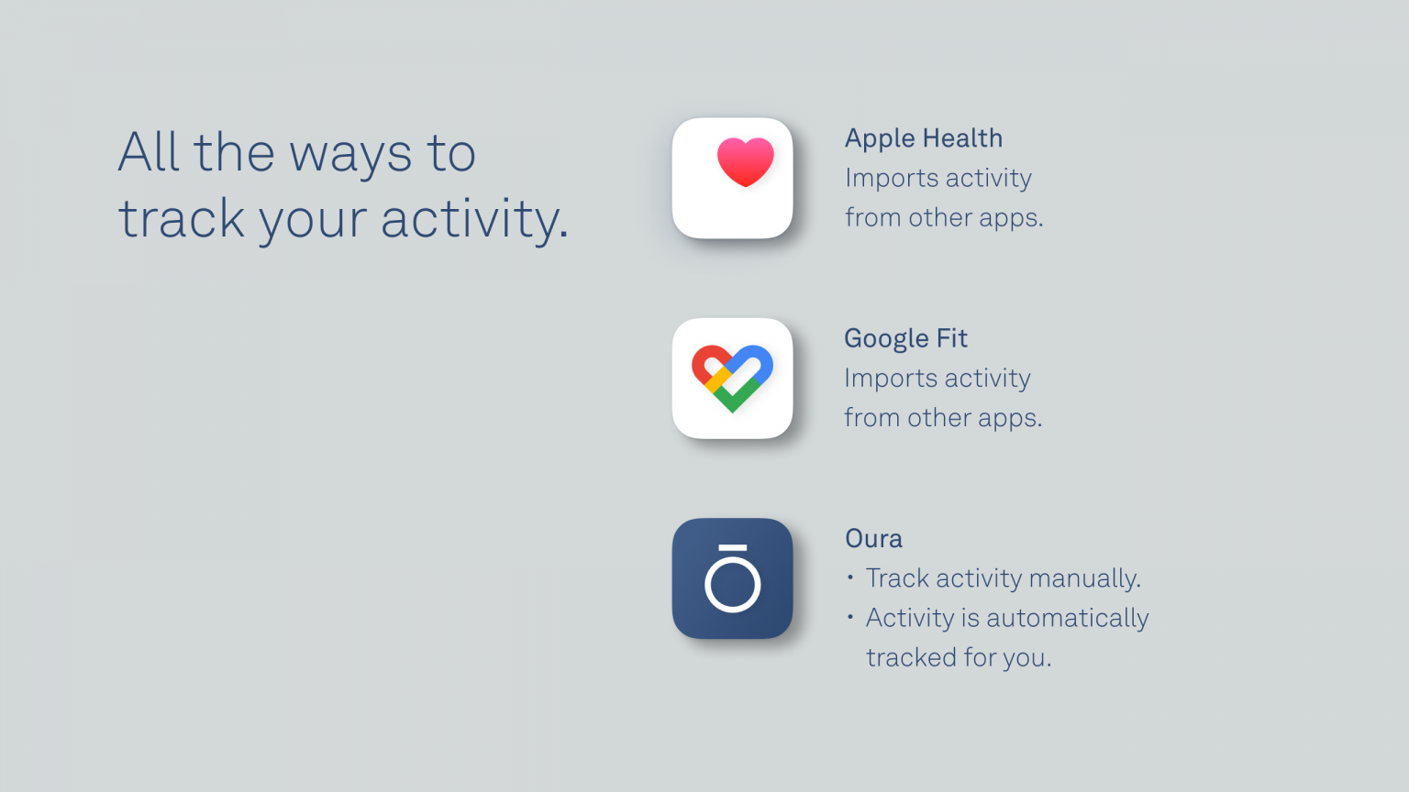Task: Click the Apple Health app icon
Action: point(732,178)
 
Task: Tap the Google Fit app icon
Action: point(732,378)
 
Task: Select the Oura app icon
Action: point(732,578)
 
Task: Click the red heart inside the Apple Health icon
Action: point(745,161)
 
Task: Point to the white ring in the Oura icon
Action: point(732,584)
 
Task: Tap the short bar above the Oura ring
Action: point(732,548)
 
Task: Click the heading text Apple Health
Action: point(923,138)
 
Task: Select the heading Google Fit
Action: point(904,338)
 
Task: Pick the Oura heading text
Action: point(873,538)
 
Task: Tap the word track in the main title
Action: point(182,219)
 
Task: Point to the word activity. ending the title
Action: point(474,219)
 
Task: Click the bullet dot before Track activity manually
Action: point(850,577)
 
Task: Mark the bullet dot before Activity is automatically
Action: point(850,617)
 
